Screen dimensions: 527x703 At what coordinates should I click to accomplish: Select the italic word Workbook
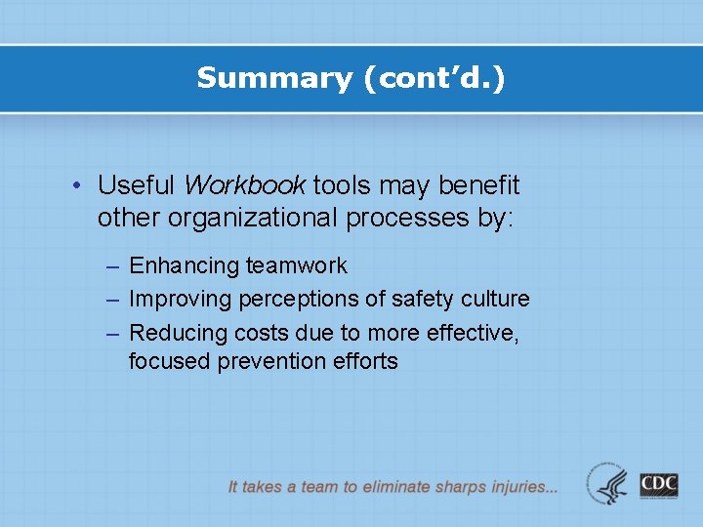click(244, 184)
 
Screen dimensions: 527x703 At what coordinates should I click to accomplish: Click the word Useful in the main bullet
click(137, 184)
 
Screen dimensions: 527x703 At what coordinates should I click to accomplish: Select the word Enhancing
click(184, 265)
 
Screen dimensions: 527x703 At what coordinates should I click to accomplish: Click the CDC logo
click(659, 485)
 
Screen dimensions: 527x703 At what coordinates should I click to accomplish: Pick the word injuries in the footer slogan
click(518, 485)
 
